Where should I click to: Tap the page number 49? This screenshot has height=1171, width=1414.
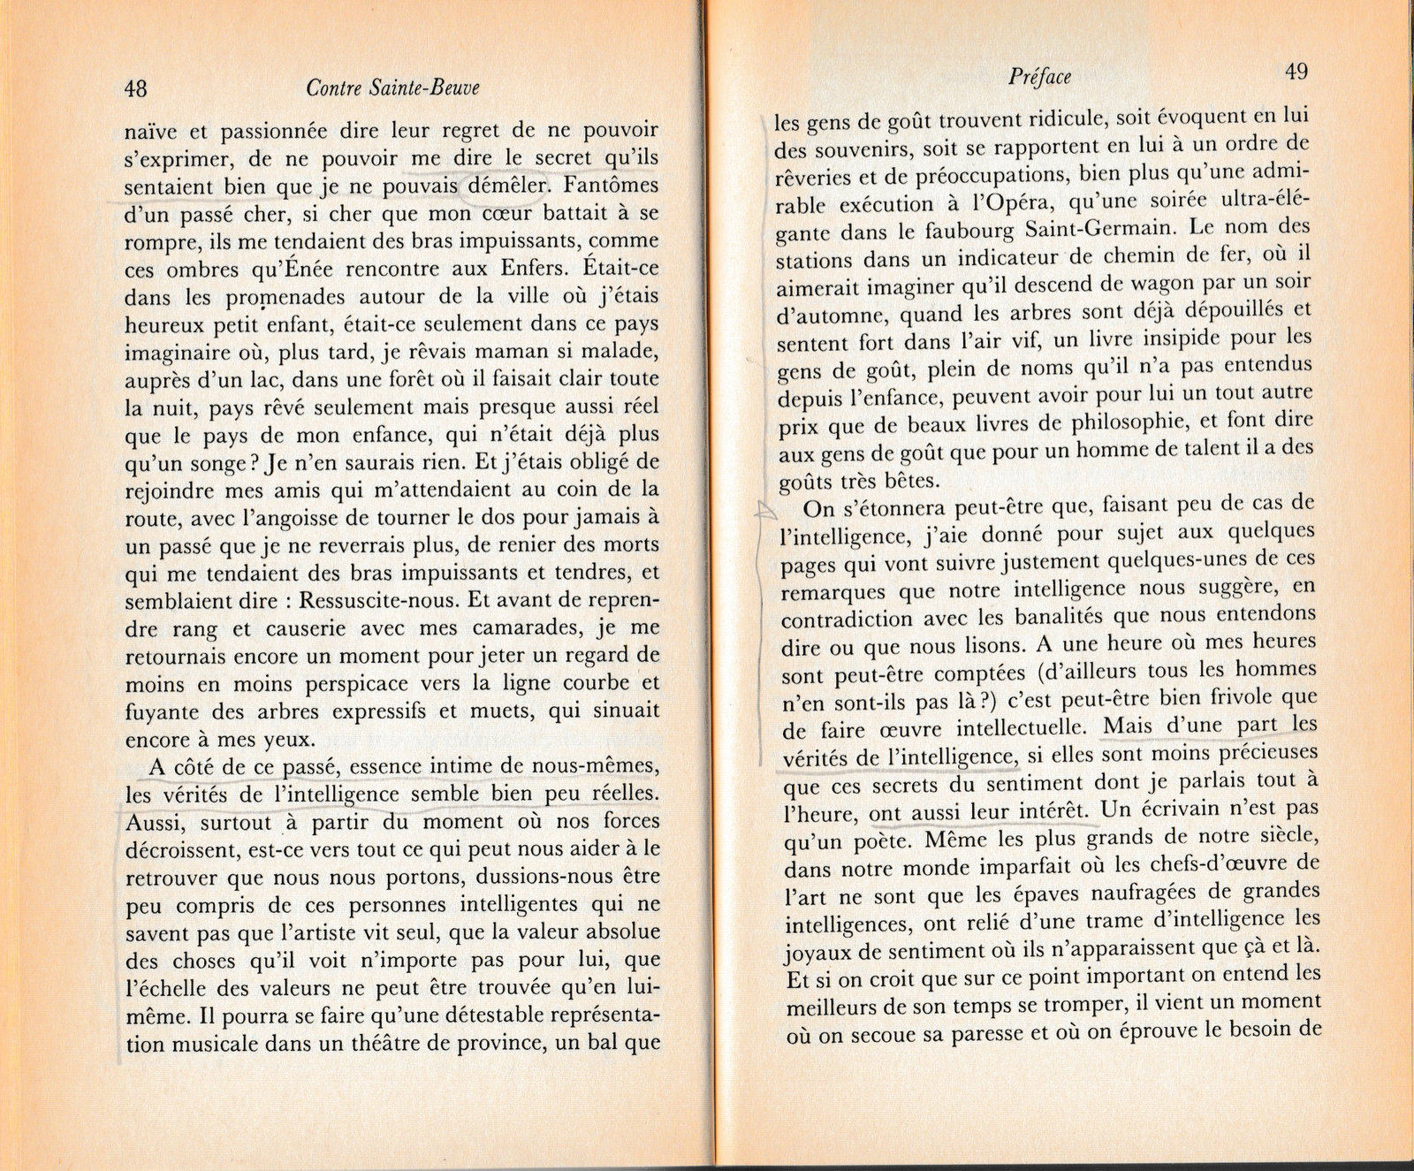[x=1296, y=72]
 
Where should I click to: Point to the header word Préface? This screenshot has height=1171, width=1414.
[x=1039, y=77]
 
